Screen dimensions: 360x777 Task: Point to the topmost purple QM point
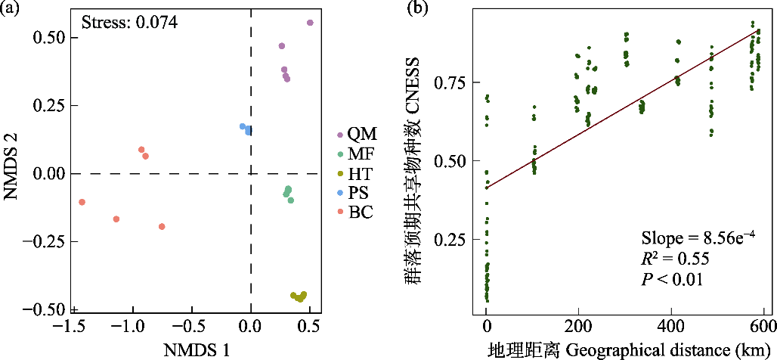coord(310,23)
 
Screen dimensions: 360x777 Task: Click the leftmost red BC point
coord(82,202)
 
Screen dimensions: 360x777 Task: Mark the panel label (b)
coord(417,9)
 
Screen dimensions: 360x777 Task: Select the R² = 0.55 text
coord(675,259)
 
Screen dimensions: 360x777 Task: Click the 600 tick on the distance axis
coord(757,325)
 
